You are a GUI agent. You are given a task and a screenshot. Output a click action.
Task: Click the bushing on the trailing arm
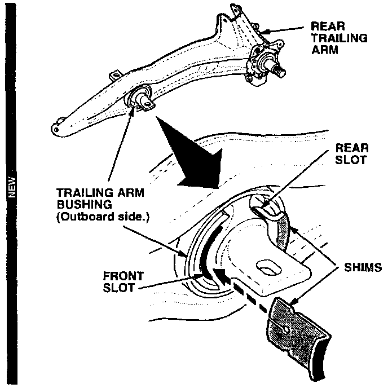pos(141,99)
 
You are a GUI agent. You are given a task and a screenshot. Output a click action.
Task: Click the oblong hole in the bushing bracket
pos(266,268)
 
